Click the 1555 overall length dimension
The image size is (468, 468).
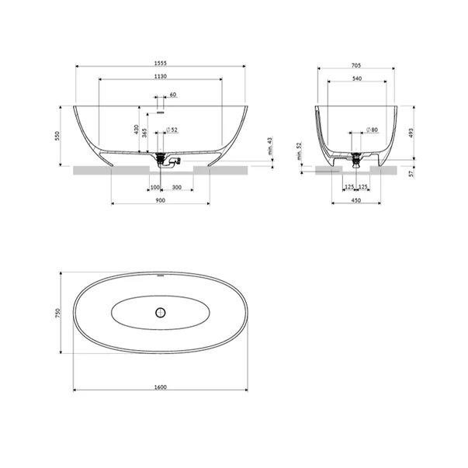161,63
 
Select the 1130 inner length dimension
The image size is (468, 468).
161,76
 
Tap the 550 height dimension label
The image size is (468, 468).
57,136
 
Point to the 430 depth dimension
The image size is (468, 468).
137,130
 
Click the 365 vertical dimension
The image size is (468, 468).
144,133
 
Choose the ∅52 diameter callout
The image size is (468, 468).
172,130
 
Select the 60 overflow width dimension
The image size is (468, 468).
173,95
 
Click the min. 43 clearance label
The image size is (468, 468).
270,146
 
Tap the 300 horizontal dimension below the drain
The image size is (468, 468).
177,188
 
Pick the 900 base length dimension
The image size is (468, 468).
161,200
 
